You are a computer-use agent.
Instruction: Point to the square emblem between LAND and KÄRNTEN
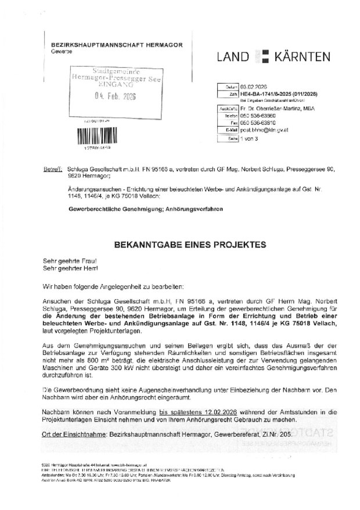tap(263, 56)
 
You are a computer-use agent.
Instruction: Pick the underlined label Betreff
tap(52, 169)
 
